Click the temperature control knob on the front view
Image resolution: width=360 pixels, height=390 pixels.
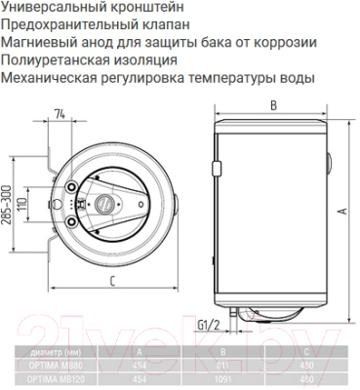pyautogui.click(x=100, y=205)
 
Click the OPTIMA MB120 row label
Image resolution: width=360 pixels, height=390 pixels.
pyautogui.click(x=55, y=378)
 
